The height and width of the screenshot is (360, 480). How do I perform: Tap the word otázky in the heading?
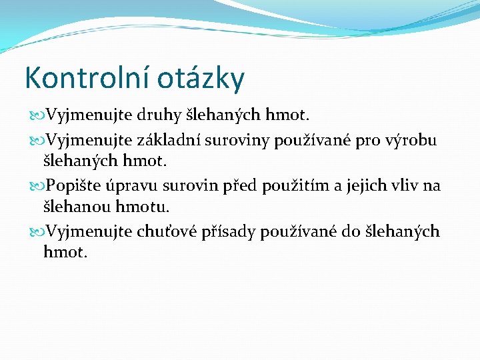pos(201,79)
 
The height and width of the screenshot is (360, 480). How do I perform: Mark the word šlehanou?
pos(73,208)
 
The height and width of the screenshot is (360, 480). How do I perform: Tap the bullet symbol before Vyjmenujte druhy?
pos(37,117)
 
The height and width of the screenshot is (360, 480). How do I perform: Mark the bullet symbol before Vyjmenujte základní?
pos(37,140)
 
